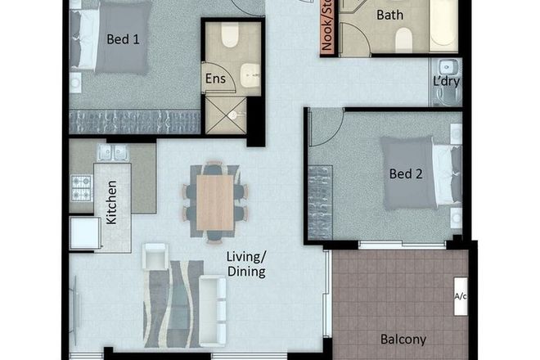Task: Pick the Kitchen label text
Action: point(112,202)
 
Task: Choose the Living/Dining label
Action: point(246,264)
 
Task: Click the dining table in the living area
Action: point(215,201)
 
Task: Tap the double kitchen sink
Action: point(113,152)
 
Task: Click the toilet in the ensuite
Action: point(228,37)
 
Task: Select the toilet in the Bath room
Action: point(403,38)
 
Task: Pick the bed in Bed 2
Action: point(417,173)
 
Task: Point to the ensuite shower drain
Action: point(232,115)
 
